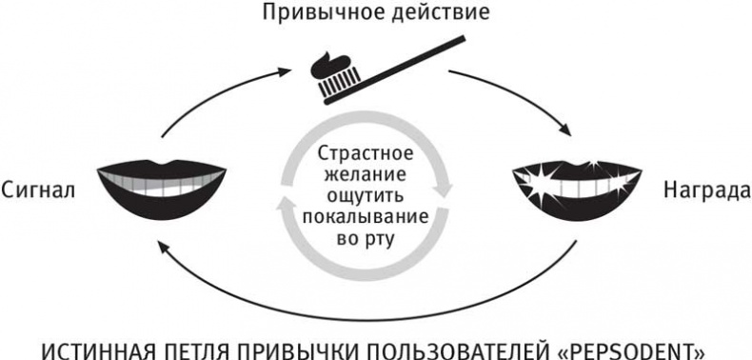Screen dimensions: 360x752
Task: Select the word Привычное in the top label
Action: [x=321, y=14]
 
